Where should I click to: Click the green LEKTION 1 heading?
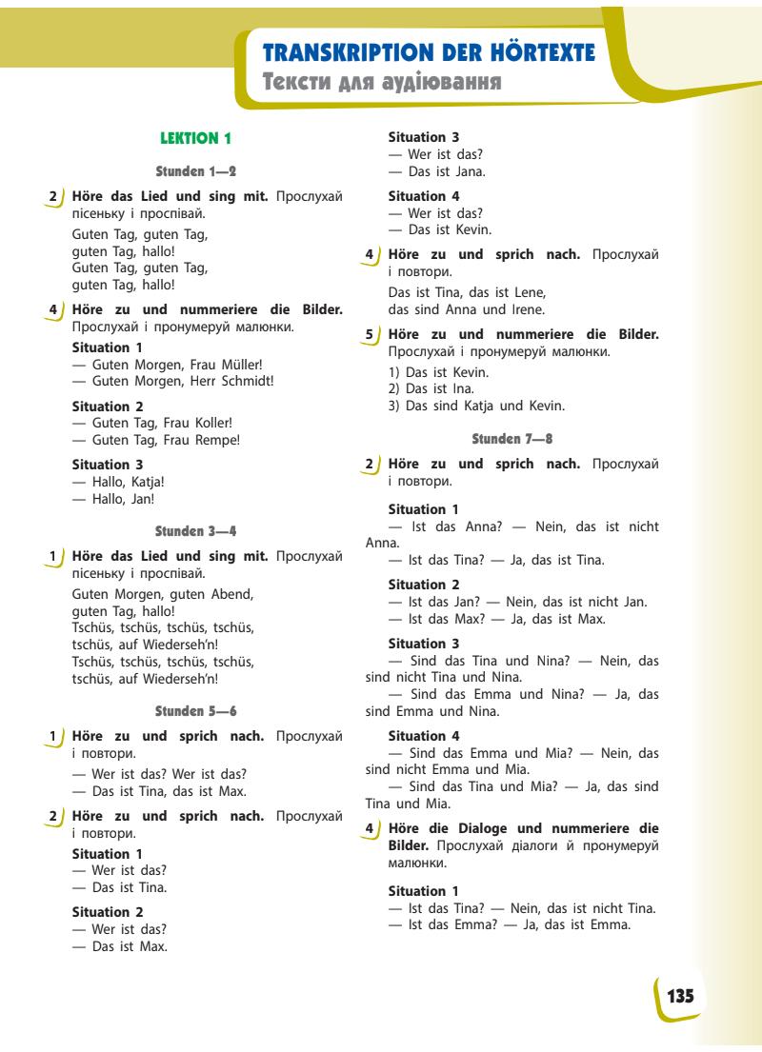pyautogui.click(x=197, y=138)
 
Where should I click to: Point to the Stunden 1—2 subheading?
pyautogui.click(x=196, y=171)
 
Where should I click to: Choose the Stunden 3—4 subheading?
pyautogui.click(x=196, y=529)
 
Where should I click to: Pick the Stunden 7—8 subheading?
pyautogui.click(x=512, y=439)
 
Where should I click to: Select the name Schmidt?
pyautogui.click(x=247, y=381)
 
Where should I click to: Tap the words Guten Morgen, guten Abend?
pyautogui.click(x=163, y=594)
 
